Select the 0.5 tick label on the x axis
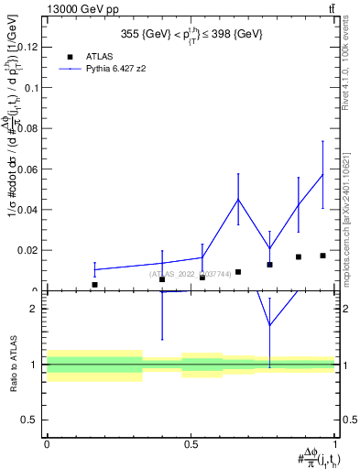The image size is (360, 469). (191, 443)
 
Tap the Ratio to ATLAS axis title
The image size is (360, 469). (15, 364)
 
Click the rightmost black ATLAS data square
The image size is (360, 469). (322, 256)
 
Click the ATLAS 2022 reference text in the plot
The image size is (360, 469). (191, 273)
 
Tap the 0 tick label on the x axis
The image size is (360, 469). (47, 443)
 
